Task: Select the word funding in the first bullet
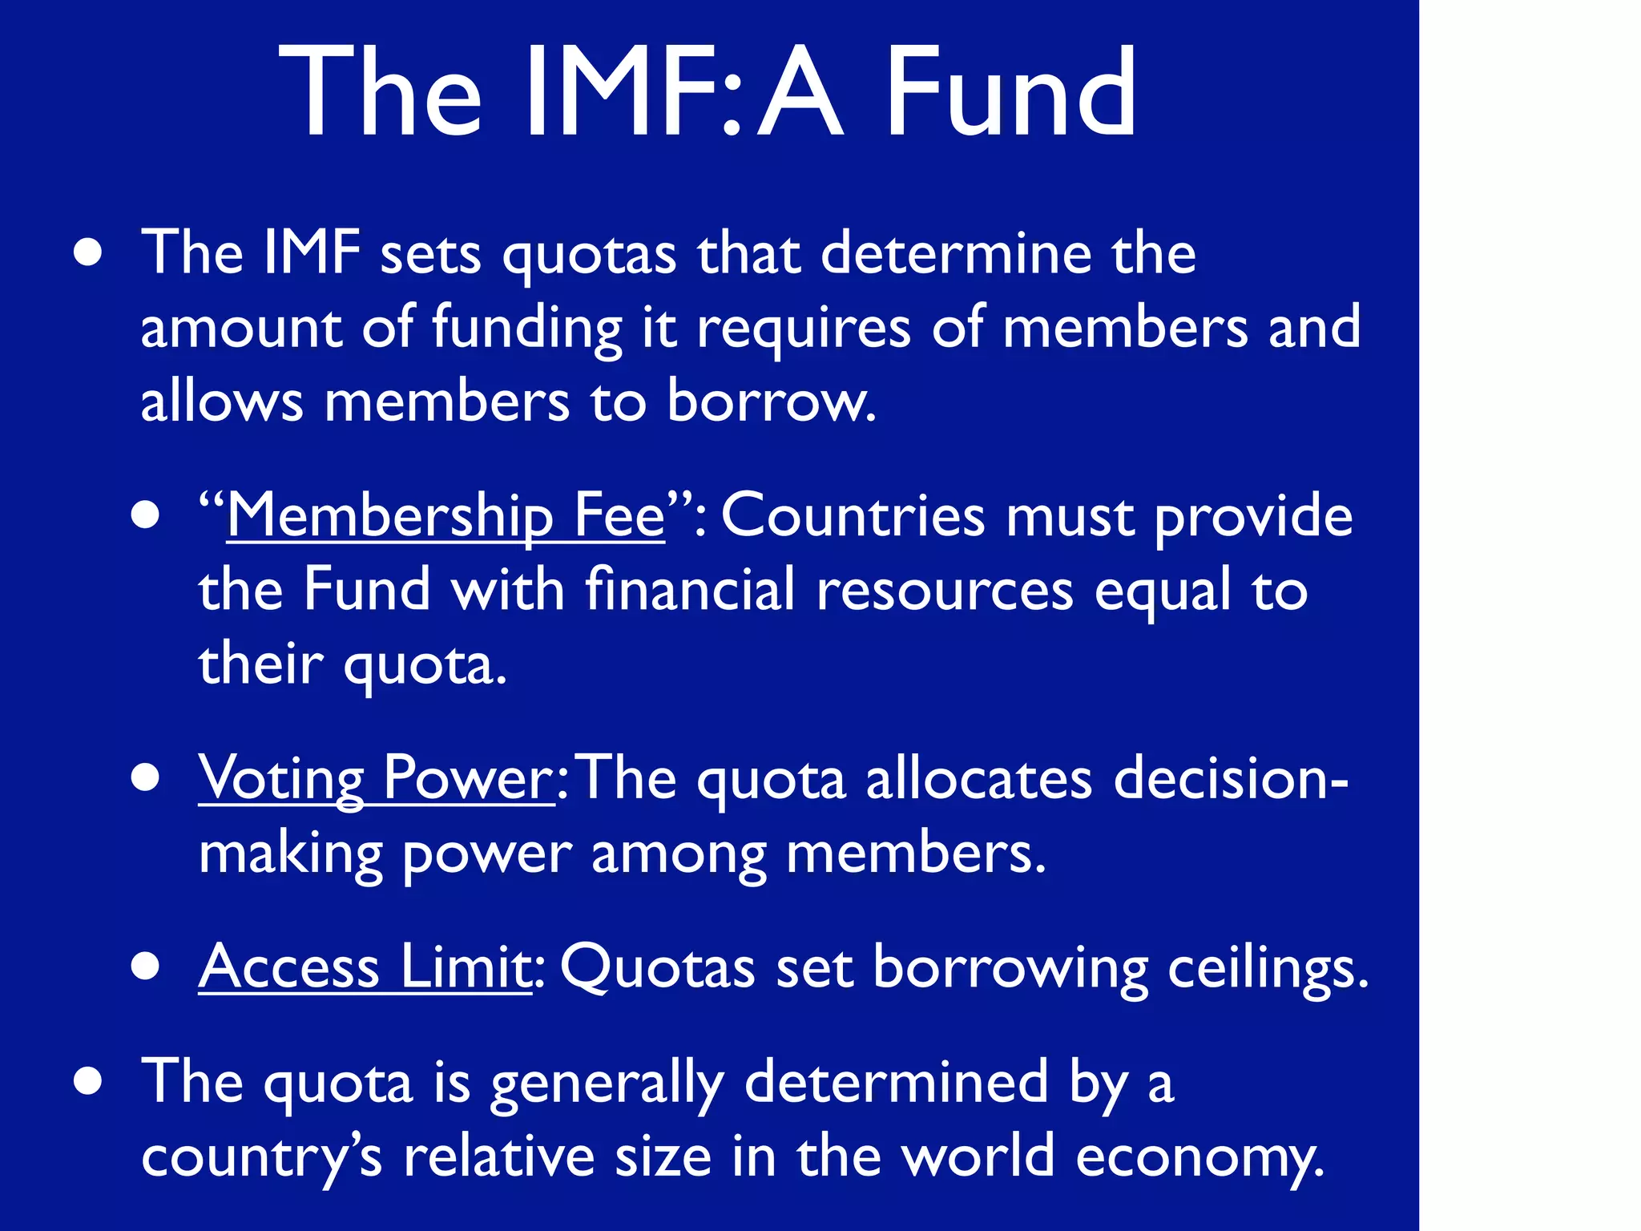(527, 329)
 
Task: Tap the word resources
(945, 591)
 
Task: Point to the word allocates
(978, 778)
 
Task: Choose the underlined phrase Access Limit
(365, 967)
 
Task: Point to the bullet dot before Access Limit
(146, 967)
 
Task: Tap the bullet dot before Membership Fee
(146, 515)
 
